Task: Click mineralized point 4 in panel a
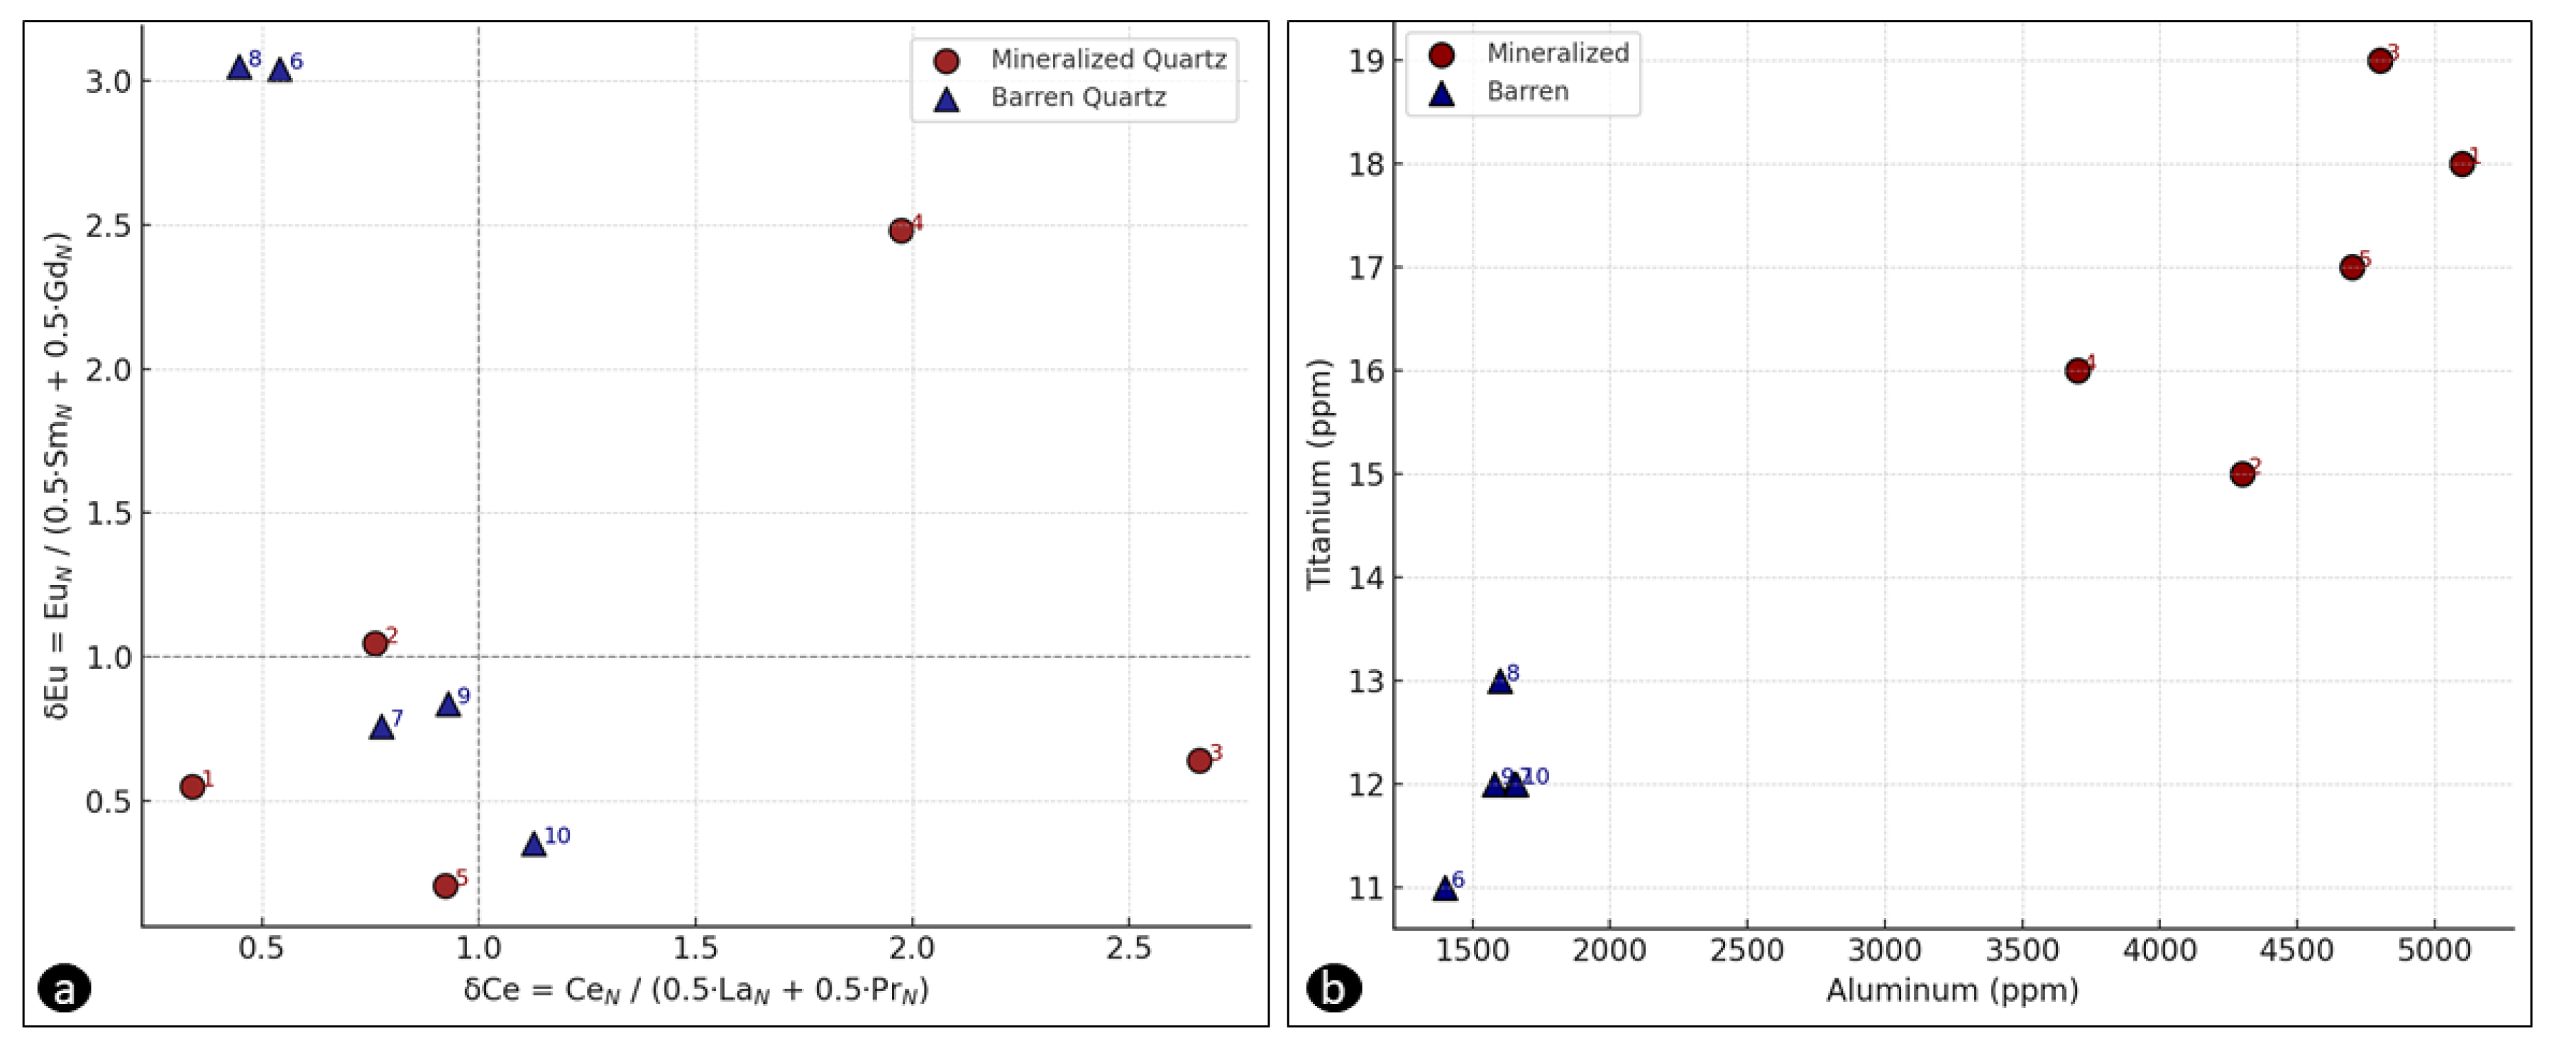tap(901, 231)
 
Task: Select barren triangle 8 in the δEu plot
tap(238, 68)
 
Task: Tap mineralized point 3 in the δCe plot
tap(1199, 760)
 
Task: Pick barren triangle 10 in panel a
tap(534, 844)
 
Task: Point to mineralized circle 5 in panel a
tap(445, 885)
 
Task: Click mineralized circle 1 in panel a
tap(193, 787)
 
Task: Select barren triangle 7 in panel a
tap(381, 728)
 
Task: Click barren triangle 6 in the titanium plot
tap(1445, 887)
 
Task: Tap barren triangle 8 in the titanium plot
tap(1500, 682)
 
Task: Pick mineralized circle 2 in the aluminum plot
tap(2242, 474)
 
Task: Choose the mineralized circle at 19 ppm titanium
tap(2380, 60)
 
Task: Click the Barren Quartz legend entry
tap(1078, 97)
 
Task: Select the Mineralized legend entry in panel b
tap(1556, 53)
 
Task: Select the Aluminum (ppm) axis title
tap(1951, 990)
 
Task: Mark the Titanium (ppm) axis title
tap(1319, 475)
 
